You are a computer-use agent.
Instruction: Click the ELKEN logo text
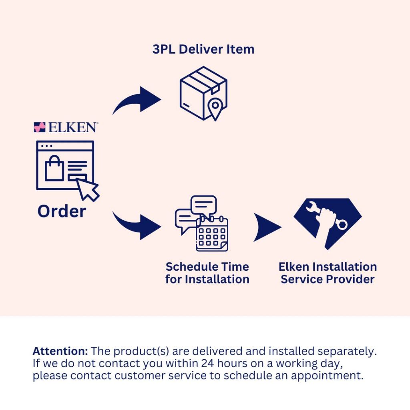(x=73, y=127)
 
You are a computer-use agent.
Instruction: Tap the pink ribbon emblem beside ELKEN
(x=40, y=127)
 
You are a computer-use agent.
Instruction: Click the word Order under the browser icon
(x=62, y=211)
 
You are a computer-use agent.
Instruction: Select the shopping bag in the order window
(x=54, y=168)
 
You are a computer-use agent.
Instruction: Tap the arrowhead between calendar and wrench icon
(x=267, y=227)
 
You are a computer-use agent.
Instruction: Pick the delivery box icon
(x=203, y=93)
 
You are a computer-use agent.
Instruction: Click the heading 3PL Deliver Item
(x=203, y=49)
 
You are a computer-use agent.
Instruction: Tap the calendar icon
(x=212, y=234)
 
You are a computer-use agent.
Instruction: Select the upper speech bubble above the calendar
(x=204, y=205)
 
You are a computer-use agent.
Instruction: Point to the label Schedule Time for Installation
(x=207, y=273)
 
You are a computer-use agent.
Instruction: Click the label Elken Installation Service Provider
(x=328, y=273)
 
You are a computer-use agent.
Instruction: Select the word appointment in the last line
(x=327, y=376)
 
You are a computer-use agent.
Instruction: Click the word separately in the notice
(x=347, y=352)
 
